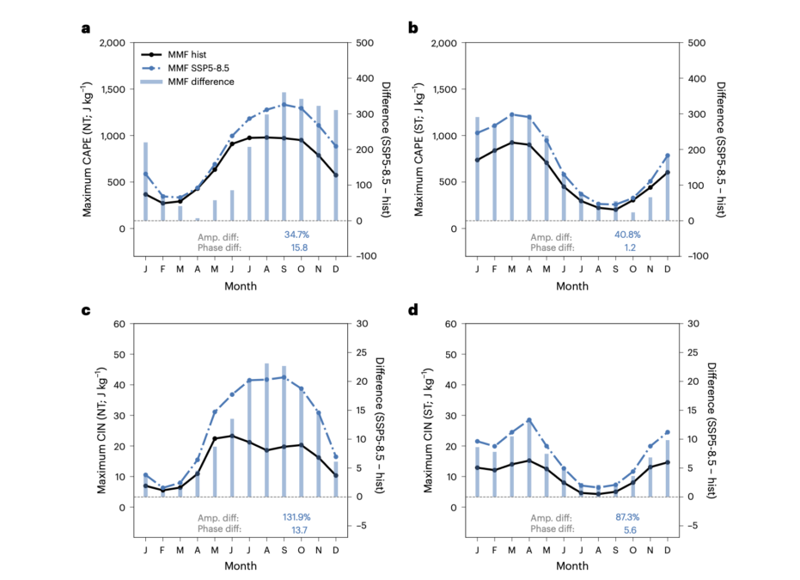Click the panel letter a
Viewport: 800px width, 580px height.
point(86,28)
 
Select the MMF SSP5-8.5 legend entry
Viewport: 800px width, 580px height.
point(187,68)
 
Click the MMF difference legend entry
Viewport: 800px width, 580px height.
point(187,82)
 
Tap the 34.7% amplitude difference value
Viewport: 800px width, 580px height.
point(296,235)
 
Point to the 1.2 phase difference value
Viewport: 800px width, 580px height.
point(630,247)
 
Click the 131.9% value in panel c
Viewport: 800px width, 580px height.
point(296,516)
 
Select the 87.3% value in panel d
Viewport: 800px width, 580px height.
point(627,516)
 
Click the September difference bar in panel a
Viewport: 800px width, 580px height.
point(284,156)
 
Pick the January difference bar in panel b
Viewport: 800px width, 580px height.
point(478,169)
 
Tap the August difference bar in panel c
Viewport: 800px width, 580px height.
point(266,430)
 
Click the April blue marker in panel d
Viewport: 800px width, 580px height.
point(529,420)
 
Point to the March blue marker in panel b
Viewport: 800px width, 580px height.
point(512,115)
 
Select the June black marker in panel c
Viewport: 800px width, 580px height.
point(232,437)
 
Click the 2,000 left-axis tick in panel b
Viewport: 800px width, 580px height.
point(444,43)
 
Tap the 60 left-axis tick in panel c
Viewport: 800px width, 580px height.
point(119,324)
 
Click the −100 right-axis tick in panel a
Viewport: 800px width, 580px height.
point(366,256)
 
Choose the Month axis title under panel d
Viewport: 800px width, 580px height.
point(572,565)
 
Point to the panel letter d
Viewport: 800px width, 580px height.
point(413,309)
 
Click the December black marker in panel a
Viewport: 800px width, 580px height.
point(336,175)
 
